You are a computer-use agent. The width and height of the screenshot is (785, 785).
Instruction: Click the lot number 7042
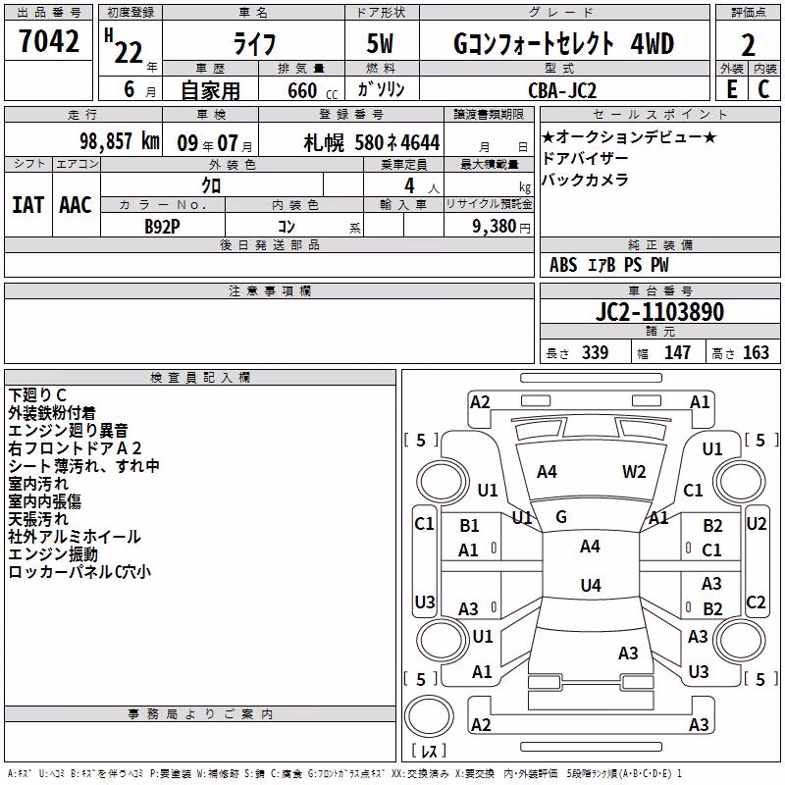coord(49,41)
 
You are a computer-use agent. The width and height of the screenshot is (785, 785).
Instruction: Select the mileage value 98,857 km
coord(120,141)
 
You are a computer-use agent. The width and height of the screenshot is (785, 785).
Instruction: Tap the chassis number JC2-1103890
coord(659,312)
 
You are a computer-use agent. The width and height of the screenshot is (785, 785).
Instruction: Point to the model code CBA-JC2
coord(562,90)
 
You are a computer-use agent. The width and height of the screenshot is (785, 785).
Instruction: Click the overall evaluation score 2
coord(748,45)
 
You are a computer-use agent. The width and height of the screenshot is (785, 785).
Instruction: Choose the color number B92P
coord(162,227)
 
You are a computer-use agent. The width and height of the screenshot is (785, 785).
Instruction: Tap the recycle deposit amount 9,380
coord(495,227)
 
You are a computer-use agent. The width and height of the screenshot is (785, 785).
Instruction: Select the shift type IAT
coord(28,205)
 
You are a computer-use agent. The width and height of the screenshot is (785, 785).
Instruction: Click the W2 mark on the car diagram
coord(634,472)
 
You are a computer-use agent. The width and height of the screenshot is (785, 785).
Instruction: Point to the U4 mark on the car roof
coord(591,585)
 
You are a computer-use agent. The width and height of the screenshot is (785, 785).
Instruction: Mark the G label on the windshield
coord(561,517)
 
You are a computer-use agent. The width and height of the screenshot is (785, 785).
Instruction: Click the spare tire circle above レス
coord(429,715)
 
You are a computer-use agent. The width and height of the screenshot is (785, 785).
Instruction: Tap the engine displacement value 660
coord(302,90)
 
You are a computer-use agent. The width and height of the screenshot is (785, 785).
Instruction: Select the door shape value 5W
coord(380,43)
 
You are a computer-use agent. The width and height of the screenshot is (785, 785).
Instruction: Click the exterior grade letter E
coord(732,89)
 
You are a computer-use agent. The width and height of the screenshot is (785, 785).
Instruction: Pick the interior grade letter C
coord(763,89)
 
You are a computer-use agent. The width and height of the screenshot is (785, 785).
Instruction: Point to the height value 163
coord(756,352)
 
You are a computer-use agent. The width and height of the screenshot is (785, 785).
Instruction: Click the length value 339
coord(596,352)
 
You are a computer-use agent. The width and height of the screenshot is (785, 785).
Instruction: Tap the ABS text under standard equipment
coord(563,265)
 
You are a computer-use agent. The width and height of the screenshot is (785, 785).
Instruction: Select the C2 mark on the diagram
coord(756,602)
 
